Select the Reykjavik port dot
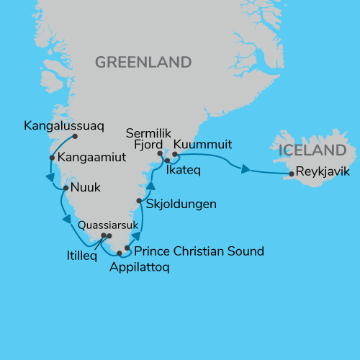point(292,174)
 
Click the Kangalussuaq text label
point(63,125)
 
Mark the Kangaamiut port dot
point(52,158)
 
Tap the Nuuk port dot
point(66,189)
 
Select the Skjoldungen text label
point(181,204)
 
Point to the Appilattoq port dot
point(120,253)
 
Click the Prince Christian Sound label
point(199,251)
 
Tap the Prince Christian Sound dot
point(127,248)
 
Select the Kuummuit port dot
point(175,153)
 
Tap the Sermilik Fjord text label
point(147,139)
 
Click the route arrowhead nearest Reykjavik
point(246,171)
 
